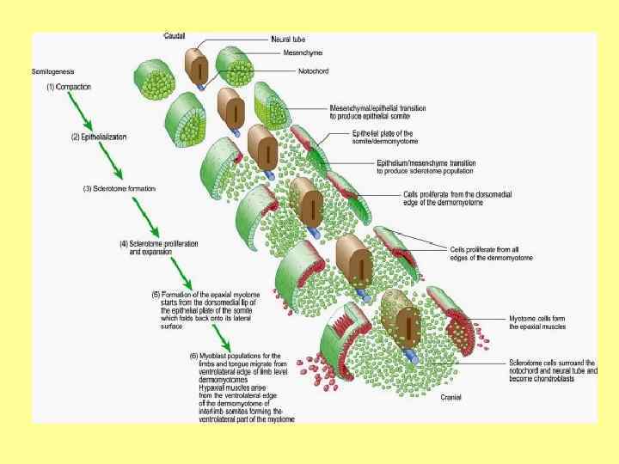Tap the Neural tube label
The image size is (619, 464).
tap(288, 40)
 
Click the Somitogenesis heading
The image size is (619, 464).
tap(52, 72)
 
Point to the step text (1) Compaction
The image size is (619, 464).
tap(69, 87)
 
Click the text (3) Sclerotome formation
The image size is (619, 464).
tap(120, 188)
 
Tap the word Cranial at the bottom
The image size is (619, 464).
tap(451, 398)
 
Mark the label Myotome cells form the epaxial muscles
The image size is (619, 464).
tap(536, 322)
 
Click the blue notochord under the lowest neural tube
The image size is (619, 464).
tap(411, 356)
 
